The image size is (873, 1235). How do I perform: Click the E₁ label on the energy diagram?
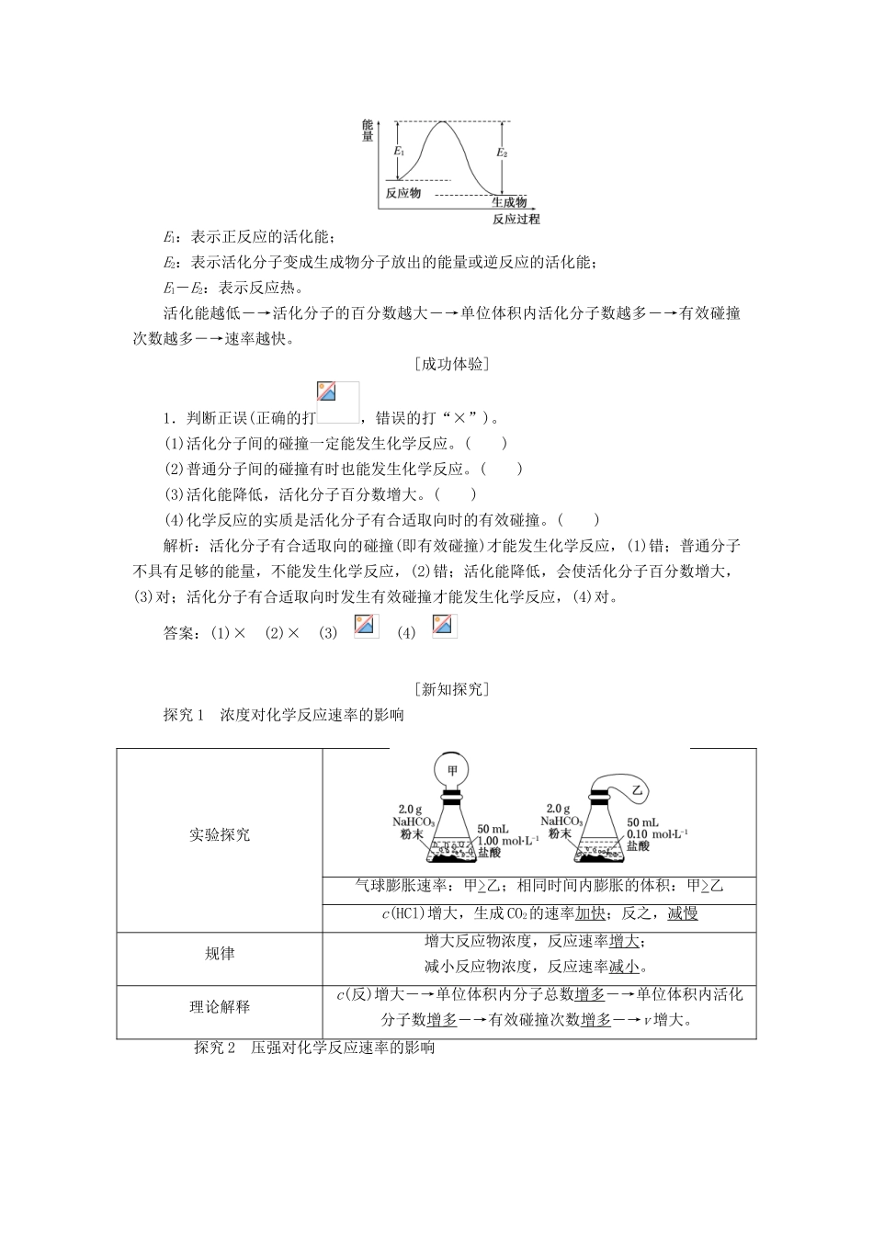[399, 150]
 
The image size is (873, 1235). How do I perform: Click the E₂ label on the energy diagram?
[502, 153]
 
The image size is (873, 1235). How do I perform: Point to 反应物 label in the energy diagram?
[402, 193]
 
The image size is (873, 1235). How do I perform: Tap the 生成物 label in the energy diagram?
[508, 202]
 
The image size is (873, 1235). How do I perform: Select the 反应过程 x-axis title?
[516, 220]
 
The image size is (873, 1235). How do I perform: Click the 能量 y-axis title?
[368, 130]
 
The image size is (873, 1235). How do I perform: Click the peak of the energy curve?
[446, 121]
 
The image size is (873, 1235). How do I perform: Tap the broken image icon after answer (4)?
[444, 626]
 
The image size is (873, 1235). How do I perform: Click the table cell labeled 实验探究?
[220, 834]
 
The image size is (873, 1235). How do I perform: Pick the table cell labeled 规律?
[220, 954]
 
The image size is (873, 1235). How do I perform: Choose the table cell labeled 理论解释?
[220, 1006]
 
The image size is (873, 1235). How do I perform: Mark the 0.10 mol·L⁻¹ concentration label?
[656, 833]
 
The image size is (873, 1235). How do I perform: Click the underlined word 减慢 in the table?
[682, 913]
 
